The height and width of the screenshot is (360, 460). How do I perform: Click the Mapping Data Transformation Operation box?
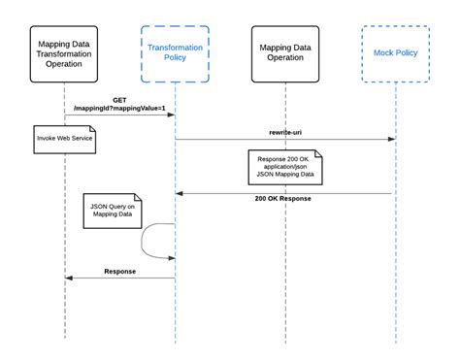click(x=65, y=55)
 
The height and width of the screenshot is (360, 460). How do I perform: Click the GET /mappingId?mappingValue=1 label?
click(x=120, y=105)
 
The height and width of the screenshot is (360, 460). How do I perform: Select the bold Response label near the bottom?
click(x=120, y=271)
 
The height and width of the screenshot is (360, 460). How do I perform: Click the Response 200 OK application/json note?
click(x=284, y=167)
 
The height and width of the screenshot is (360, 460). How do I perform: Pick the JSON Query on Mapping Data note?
click(x=112, y=211)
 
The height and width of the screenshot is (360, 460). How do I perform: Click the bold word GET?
click(x=120, y=99)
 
